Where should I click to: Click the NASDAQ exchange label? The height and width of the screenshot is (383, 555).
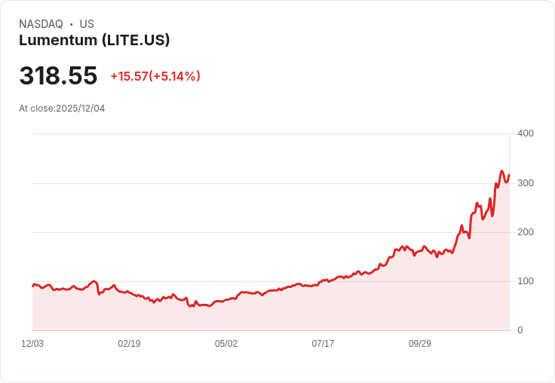(41, 24)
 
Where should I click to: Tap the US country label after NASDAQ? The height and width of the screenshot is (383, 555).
(87, 24)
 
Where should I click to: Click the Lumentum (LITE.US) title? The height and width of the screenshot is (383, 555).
(94, 41)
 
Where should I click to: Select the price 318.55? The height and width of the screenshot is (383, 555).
(58, 76)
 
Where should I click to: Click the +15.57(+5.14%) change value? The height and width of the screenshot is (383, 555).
(155, 76)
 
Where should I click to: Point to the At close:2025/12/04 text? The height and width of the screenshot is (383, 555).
(62, 109)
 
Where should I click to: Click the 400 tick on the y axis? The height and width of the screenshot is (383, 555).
(525, 133)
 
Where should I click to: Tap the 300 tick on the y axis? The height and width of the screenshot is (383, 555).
(525, 183)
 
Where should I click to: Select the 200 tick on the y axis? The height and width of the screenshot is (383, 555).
(525, 232)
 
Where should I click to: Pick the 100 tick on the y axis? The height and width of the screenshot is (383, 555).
(525, 281)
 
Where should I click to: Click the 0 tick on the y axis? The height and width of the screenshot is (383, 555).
(520, 330)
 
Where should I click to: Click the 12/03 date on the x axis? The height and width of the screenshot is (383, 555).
(32, 344)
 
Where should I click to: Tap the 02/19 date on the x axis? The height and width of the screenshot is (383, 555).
(129, 344)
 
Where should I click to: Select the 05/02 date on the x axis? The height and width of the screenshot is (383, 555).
(226, 344)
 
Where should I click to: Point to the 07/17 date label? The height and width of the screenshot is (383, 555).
(323, 344)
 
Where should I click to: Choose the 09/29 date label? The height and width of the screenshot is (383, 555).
(420, 344)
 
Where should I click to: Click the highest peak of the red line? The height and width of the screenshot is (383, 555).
(501, 171)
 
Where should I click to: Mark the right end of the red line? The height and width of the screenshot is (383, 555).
(509, 175)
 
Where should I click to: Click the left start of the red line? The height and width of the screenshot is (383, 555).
(32, 286)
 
